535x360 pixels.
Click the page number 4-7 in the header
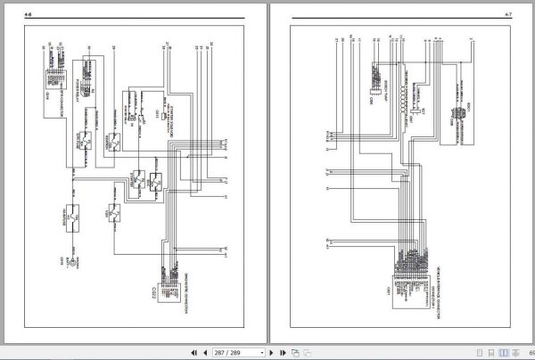click(508, 14)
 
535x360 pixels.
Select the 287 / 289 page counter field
click(228, 353)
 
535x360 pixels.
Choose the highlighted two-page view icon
click(506, 353)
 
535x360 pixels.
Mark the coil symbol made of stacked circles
click(406, 97)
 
